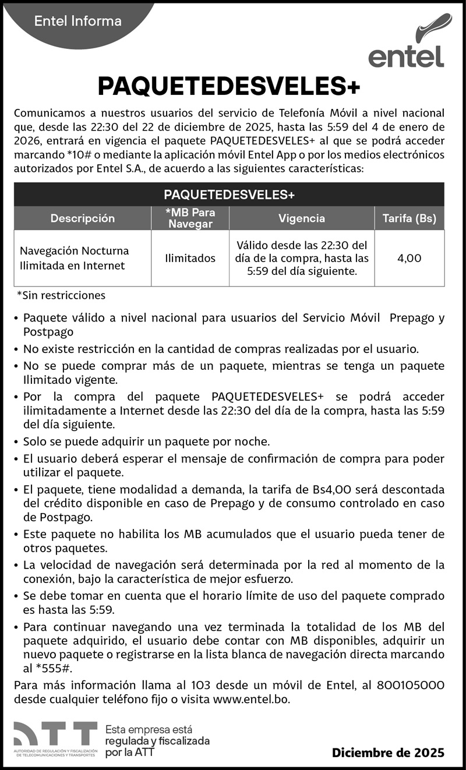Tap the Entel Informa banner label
point(78,22)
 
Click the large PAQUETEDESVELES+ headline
point(229,86)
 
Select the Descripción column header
point(82,218)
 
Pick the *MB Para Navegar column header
point(190,218)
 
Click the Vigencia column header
point(302,218)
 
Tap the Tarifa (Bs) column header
point(409,218)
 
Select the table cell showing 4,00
point(409,258)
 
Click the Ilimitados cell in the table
point(190,258)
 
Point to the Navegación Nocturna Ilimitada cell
point(75,258)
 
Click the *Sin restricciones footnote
point(61,295)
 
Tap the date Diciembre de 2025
point(388,753)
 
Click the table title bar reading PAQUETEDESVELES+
point(229,194)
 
